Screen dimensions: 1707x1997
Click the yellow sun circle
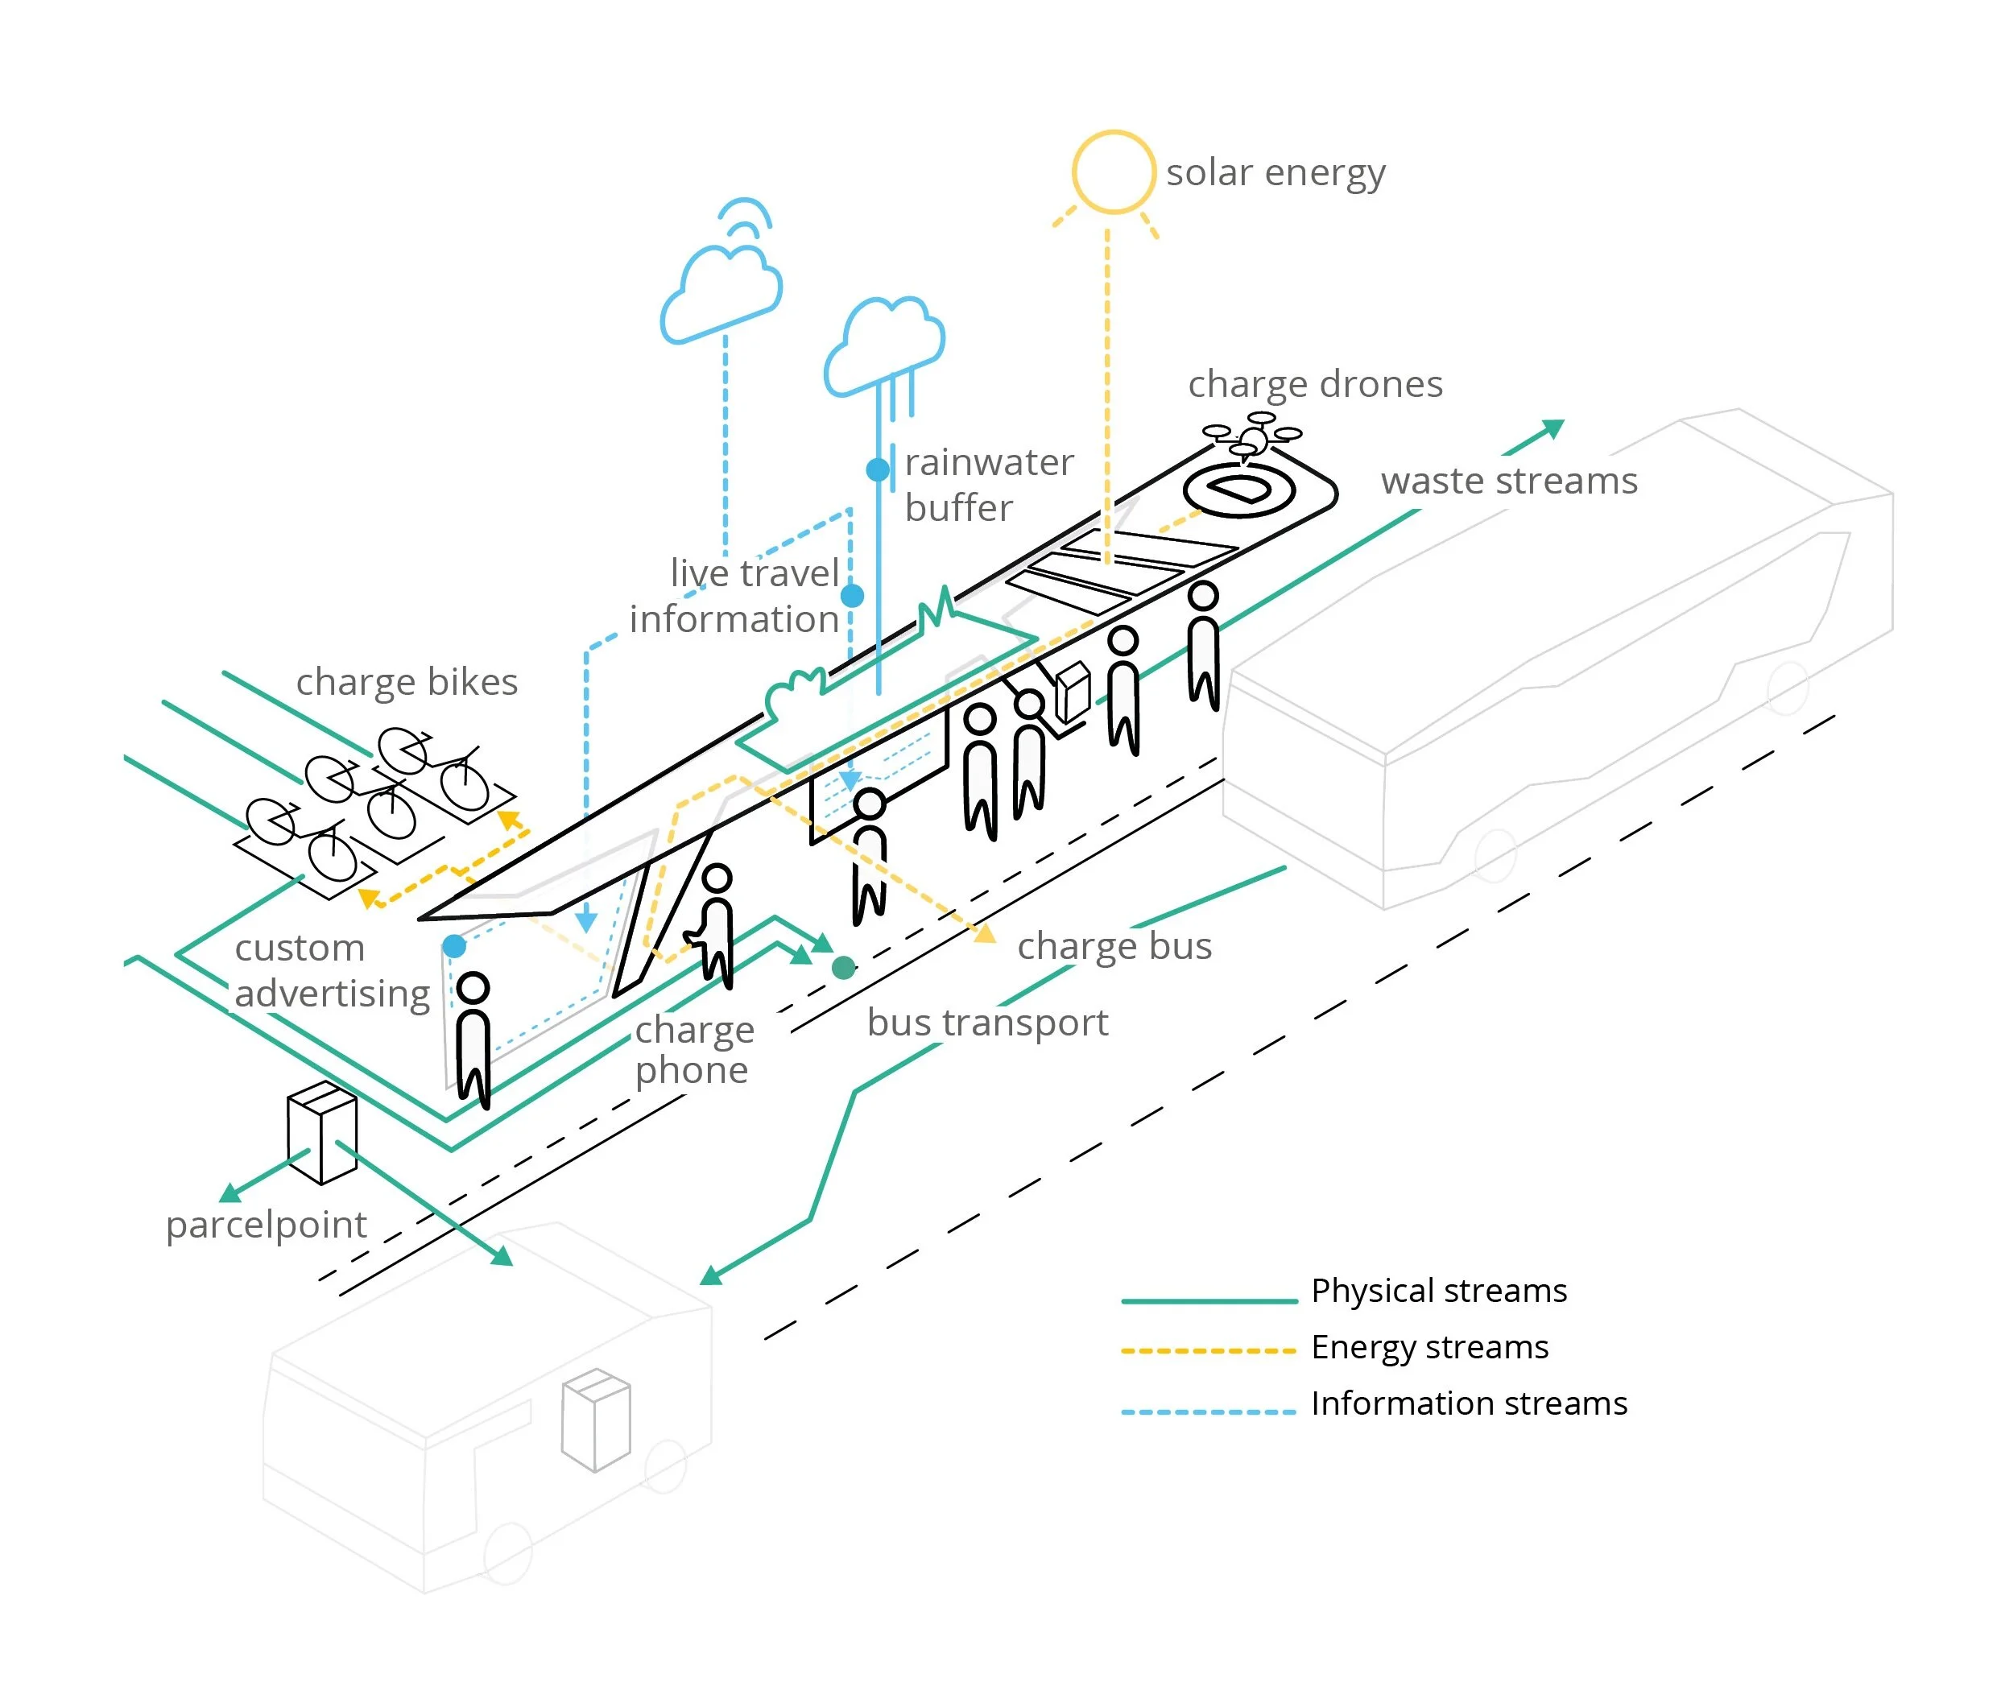coord(1113,172)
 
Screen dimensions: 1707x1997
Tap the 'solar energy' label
coord(1276,173)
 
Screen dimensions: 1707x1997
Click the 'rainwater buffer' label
coord(988,485)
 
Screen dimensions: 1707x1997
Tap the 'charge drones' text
coord(1315,385)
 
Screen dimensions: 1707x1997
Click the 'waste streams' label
coord(1508,481)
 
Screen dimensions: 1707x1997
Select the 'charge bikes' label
coord(407,683)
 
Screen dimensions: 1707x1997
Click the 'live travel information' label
coord(734,597)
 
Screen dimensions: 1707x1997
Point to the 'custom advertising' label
coord(332,970)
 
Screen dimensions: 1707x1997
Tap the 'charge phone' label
coord(694,1051)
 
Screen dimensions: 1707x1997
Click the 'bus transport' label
coord(987,1023)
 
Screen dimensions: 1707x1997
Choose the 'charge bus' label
coord(1114,947)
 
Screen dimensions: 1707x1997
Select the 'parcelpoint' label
coord(266,1225)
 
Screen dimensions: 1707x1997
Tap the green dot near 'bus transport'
coord(843,968)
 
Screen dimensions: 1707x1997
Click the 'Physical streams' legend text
coord(1439,1291)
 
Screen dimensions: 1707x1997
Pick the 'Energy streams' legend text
coord(1429,1347)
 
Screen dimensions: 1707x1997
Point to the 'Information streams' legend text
coord(1469,1403)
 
